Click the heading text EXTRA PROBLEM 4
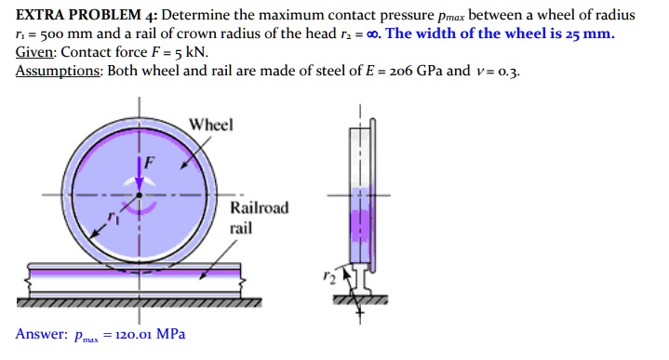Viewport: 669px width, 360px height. [x=80, y=16]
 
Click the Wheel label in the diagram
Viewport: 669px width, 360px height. [x=211, y=125]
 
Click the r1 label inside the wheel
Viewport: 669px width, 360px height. [x=114, y=220]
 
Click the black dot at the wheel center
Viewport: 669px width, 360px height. [x=140, y=196]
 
